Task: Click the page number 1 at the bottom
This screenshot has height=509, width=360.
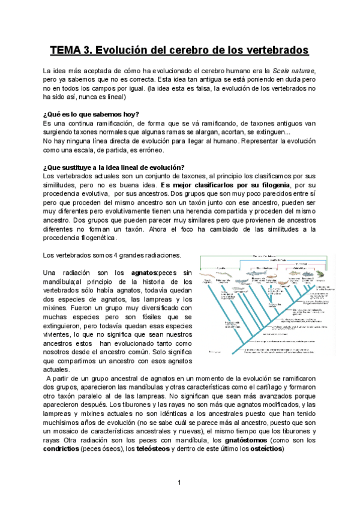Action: [179, 483]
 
